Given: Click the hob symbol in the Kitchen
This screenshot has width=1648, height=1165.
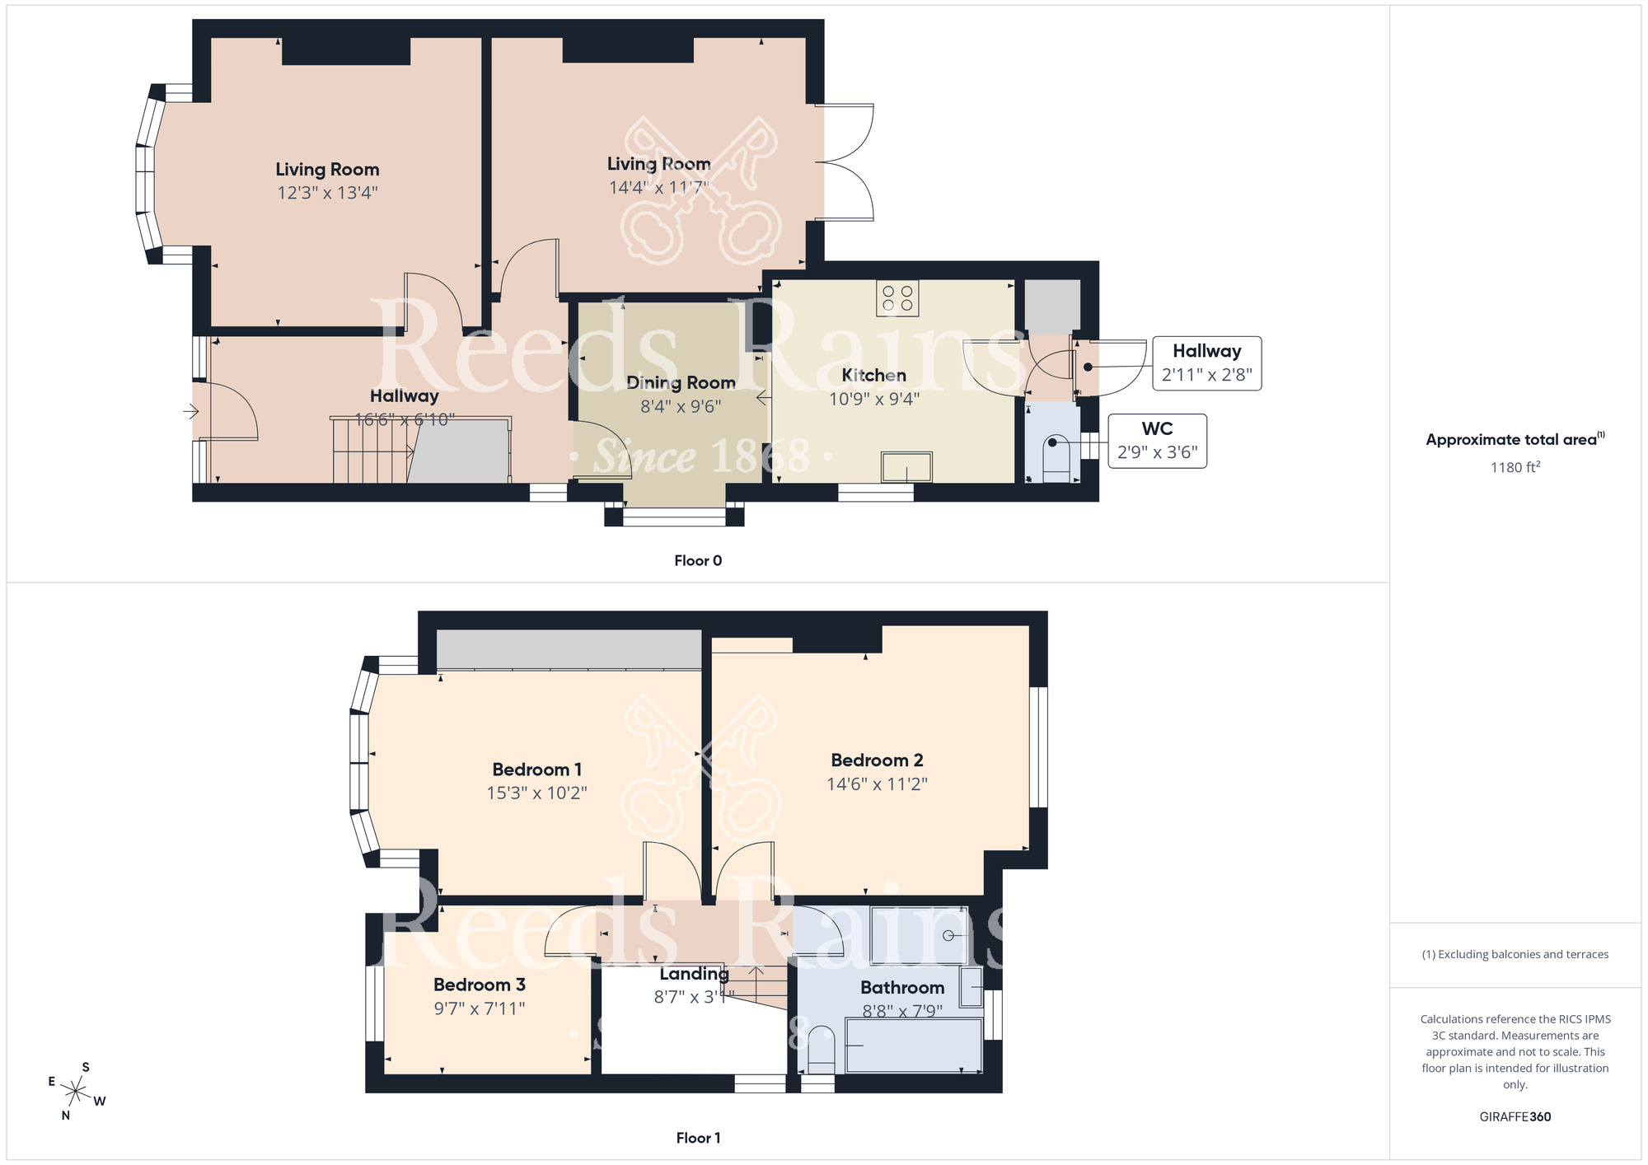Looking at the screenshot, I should [897, 298].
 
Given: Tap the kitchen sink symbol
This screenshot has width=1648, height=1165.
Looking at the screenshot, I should [906, 467].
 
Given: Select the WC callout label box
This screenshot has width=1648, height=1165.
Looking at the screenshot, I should [1157, 441].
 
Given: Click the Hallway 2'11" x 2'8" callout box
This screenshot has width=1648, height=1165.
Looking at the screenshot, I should [1206, 363].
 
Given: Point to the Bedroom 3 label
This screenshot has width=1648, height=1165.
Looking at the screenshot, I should [479, 985].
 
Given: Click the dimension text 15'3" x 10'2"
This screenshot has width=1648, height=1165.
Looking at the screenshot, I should [536, 793].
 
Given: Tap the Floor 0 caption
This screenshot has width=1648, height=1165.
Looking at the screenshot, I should [697, 560].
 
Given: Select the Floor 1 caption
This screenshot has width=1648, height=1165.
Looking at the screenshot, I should [697, 1138].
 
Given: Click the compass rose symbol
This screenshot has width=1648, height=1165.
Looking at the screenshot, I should [76, 1092].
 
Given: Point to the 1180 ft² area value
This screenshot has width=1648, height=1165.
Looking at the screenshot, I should [1515, 467].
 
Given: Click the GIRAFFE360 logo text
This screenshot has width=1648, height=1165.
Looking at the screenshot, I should [1515, 1117].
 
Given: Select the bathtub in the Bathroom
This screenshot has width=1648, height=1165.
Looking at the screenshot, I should [914, 1046].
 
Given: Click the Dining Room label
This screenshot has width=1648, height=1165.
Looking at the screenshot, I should [681, 383].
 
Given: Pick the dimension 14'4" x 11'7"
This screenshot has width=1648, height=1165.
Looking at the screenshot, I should [658, 188].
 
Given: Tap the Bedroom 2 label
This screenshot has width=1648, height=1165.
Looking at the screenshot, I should [877, 760].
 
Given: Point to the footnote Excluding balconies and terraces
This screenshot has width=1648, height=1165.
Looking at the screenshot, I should [1515, 954].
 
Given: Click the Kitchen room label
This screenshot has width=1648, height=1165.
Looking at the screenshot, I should [873, 376].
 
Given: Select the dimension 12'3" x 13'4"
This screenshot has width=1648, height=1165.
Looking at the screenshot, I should [327, 193].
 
